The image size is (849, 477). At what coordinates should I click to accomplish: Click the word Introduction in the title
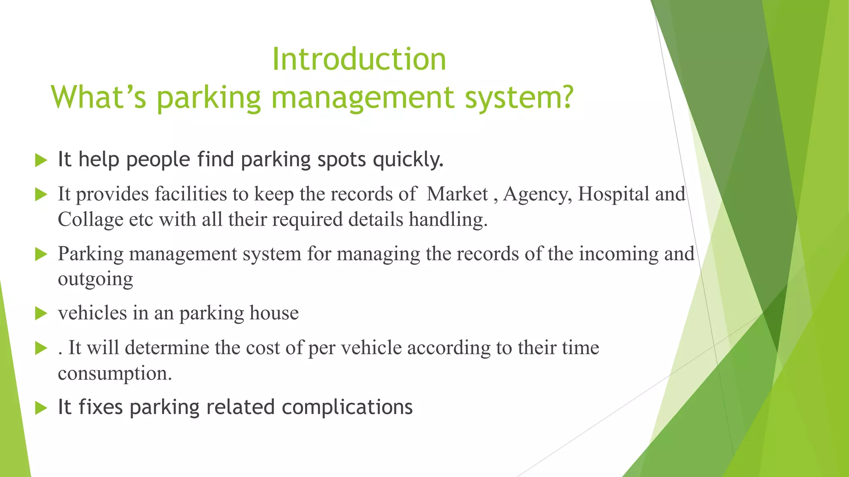tap(359, 59)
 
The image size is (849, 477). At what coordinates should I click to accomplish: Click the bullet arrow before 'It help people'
tap(41, 160)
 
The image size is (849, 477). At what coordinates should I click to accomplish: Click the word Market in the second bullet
tap(457, 194)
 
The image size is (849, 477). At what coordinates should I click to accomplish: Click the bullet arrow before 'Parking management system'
tap(41, 254)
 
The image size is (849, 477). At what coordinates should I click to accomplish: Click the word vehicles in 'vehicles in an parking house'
tap(92, 313)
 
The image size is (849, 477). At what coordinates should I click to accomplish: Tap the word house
tap(274, 313)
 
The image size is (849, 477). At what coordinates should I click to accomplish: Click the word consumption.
tap(115, 373)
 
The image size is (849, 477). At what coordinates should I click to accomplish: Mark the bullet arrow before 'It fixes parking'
tap(41, 408)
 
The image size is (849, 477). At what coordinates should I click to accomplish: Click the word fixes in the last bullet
tap(101, 407)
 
